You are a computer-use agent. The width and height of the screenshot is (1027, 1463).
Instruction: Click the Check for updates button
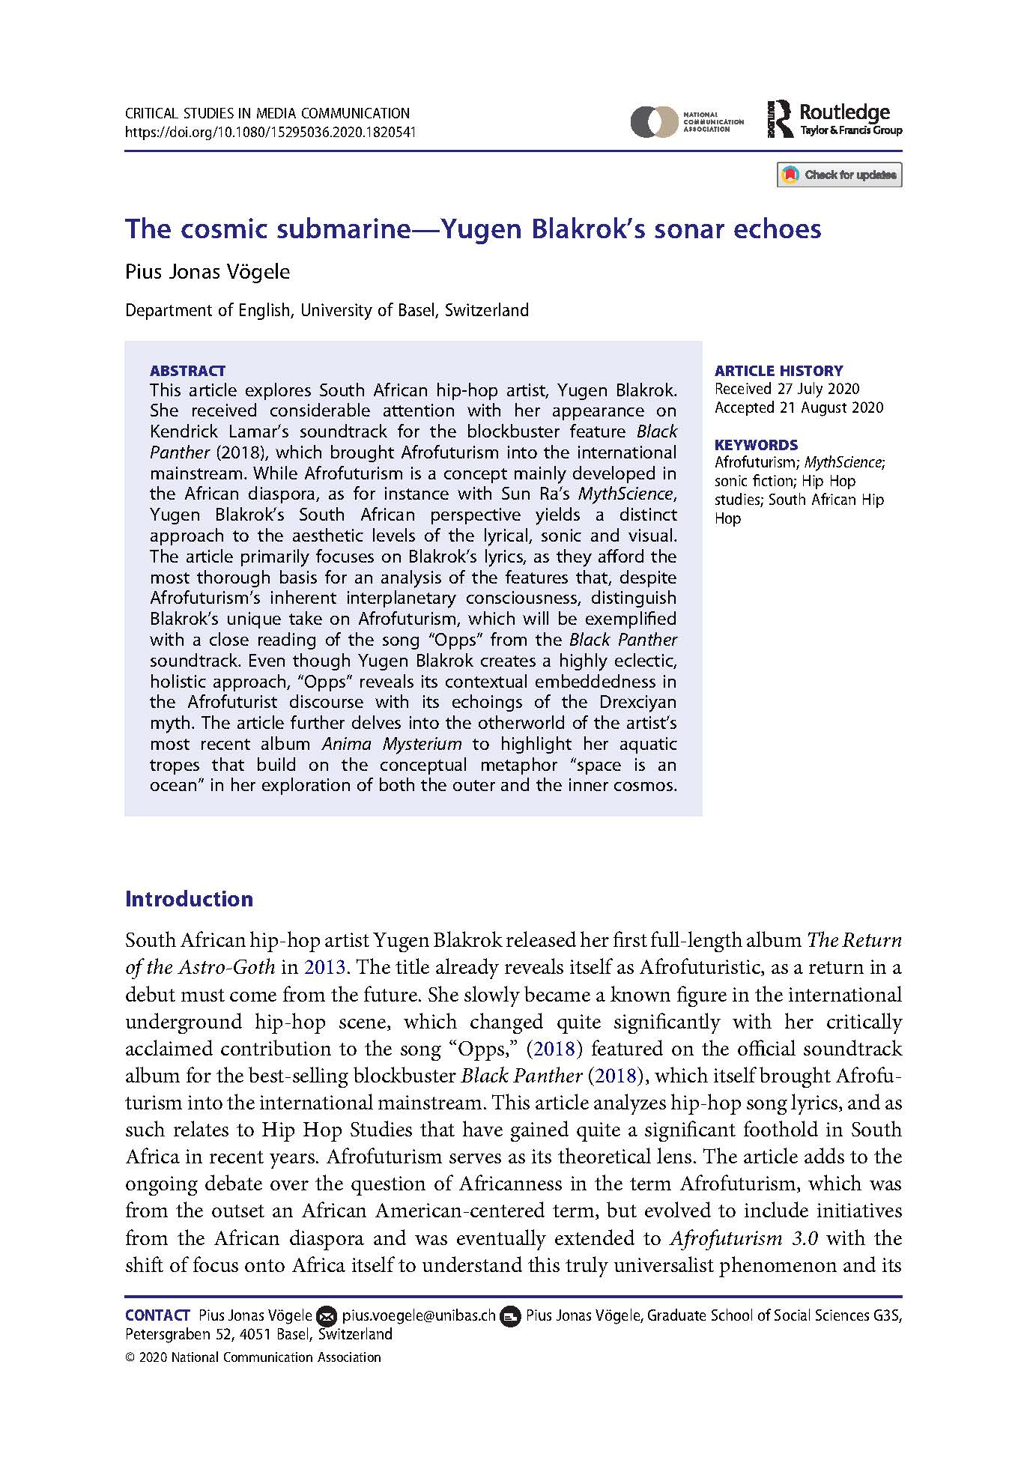pos(839,175)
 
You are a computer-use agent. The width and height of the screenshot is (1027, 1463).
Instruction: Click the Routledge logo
pos(834,120)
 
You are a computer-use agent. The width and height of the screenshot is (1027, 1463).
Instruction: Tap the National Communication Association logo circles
pos(653,121)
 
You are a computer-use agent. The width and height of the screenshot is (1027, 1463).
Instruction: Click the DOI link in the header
pos(270,133)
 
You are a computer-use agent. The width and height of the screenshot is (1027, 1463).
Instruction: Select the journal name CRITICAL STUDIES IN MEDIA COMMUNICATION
pos(267,114)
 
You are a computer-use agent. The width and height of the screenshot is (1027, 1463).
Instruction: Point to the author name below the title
pos(207,271)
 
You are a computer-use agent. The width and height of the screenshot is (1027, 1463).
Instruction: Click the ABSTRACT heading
pos(187,371)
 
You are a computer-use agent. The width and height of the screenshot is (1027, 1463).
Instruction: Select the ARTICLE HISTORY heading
pos(778,371)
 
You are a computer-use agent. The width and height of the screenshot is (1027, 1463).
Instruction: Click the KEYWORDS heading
pos(756,445)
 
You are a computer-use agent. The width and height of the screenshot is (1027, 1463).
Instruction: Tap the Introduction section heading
pos(189,899)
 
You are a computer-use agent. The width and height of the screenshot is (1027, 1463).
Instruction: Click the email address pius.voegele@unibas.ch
pos(419,1315)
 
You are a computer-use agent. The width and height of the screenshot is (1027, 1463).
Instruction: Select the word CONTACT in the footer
pos(157,1315)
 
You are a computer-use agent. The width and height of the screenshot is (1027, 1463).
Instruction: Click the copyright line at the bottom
pos(253,1357)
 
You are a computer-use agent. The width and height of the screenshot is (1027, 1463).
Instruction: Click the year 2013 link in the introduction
pos(324,967)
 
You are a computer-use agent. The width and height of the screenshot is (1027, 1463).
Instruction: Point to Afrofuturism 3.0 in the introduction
pos(743,1238)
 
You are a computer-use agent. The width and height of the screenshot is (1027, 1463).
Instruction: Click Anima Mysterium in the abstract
pos(392,744)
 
